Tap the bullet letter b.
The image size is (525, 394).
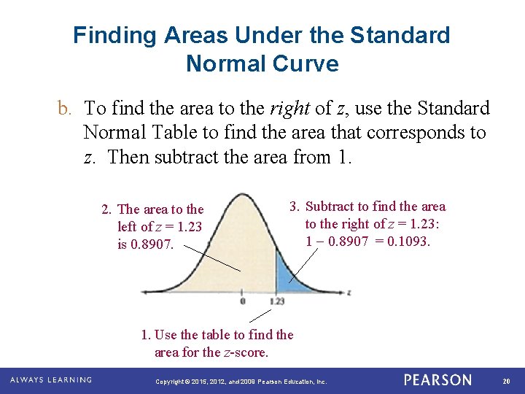[x=64, y=109]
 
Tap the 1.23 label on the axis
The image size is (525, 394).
[x=276, y=301]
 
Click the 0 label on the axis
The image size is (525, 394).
[x=242, y=301]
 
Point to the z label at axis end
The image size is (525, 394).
[x=349, y=292]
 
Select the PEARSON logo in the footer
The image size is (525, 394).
[x=437, y=380]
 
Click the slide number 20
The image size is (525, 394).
[x=507, y=381]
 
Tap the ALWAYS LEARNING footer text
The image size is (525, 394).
[x=51, y=380]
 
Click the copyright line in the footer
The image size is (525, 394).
[x=241, y=382]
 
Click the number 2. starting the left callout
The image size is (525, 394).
[x=106, y=210]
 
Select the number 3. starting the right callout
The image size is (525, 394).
[x=295, y=207]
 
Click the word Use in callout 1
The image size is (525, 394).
[x=166, y=335]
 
